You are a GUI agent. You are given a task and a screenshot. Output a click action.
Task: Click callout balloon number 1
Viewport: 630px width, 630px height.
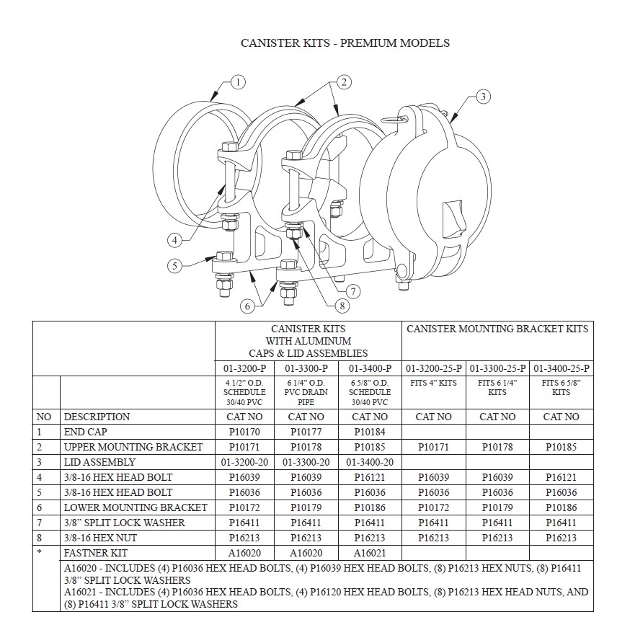[237, 81]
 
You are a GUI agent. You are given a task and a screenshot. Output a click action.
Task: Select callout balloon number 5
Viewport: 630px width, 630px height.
[174, 266]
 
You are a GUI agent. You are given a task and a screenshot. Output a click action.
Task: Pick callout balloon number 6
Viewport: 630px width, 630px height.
[247, 306]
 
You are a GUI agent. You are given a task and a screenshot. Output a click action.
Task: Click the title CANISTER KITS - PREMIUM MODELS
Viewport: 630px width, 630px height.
[345, 43]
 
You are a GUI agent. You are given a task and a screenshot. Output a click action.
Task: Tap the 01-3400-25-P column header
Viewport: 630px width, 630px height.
[562, 368]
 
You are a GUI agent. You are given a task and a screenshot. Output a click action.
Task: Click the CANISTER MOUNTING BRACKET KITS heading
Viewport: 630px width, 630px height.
[497, 329]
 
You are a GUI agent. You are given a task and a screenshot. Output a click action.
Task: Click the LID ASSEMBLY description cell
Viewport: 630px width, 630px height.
[99, 462]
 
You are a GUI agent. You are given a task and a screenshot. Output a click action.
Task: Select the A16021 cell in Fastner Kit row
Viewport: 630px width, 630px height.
[371, 553]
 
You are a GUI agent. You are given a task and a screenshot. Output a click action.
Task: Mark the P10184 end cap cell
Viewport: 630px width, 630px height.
[371, 432]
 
